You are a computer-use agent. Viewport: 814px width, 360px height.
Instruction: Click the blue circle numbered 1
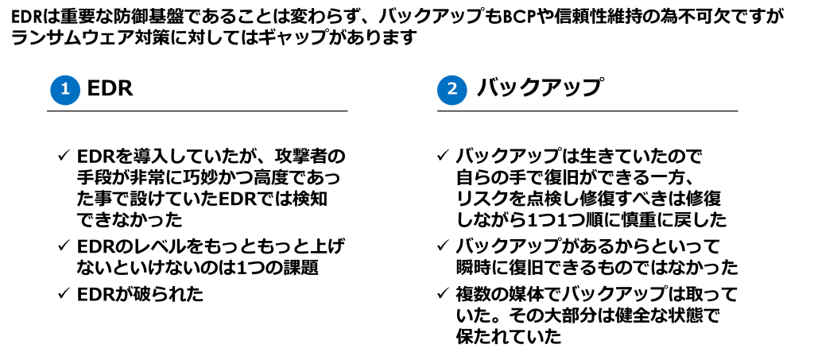(x=65, y=89)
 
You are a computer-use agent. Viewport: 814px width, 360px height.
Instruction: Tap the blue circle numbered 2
(x=452, y=89)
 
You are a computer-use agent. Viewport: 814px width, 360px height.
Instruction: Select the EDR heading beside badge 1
(x=110, y=89)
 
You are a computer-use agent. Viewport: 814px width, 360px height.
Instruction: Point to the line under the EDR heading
(x=197, y=110)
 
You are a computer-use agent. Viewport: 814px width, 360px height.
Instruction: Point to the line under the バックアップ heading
(x=587, y=110)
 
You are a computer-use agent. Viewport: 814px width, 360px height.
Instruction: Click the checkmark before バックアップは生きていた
(x=444, y=156)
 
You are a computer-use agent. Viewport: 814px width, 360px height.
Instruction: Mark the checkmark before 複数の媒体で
(x=444, y=293)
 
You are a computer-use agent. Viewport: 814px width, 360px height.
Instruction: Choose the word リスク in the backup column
(x=481, y=199)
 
